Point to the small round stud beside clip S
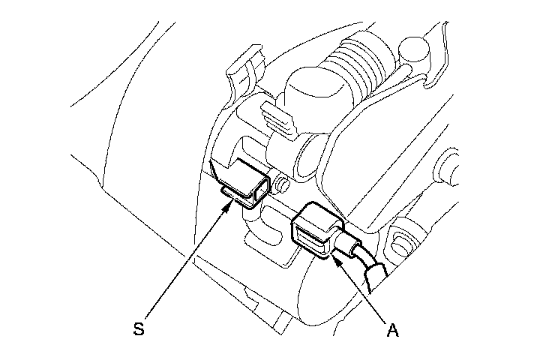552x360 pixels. point(283,184)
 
